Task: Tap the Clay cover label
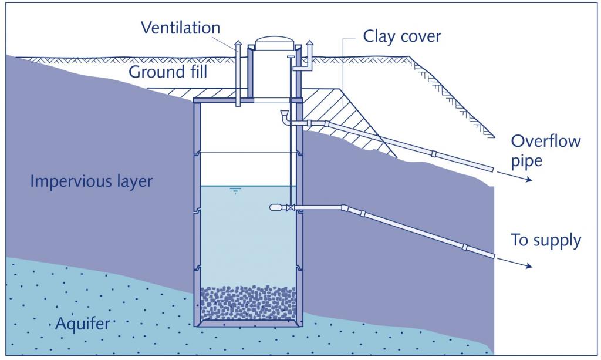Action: pyautogui.click(x=402, y=36)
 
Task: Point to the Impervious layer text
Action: pyautogui.click(x=91, y=180)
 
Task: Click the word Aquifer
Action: pyautogui.click(x=83, y=323)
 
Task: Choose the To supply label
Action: pyautogui.click(x=546, y=240)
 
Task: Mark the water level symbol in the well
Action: pyautogui.click(x=235, y=190)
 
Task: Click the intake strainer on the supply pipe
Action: pyautogui.click(x=275, y=207)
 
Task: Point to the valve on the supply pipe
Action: pyautogui.click(x=291, y=207)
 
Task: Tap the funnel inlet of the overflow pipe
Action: pyautogui.click(x=285, y=113)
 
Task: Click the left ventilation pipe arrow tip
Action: pyautogui.click(x=238, y=43)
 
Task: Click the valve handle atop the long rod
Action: pyautogui.click(x=291, y=57)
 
